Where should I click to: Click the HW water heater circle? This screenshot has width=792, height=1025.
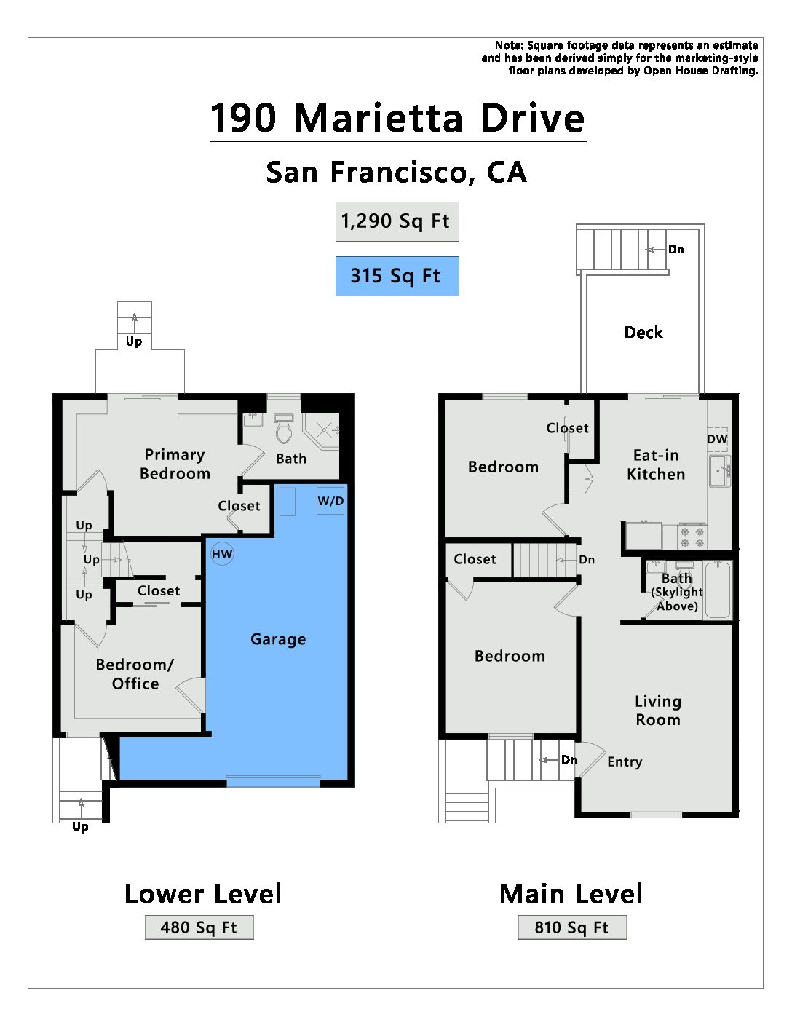(x=222, y=554)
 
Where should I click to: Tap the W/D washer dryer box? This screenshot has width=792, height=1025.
(x=330, y=500)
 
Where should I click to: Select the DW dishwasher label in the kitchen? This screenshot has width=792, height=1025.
(x=717, y=439)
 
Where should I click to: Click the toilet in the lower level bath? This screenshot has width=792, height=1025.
(x=283, y=429)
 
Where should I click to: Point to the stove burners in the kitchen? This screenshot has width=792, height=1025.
(x=692, y=537)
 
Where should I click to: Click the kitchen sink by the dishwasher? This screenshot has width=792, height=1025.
(x=720, y=470)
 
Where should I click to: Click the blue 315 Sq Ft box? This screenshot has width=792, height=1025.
(x=397, y=276)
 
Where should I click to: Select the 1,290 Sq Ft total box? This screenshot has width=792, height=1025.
(x=397, y=222)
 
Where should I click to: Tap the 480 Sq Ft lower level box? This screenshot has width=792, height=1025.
(x=199, y=927)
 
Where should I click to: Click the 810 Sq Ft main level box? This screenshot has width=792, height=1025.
(x=572, y=927)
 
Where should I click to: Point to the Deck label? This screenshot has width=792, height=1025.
(x=643, y=332)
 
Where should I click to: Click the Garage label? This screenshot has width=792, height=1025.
(x=278, y=639)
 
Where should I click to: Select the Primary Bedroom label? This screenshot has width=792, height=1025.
(x=175, y=464)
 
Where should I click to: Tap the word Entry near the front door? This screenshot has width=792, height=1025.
(x=625, y=761)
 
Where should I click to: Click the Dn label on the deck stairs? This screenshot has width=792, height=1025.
(x=676, y=249)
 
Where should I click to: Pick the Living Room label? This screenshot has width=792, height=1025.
(x=658, y=711)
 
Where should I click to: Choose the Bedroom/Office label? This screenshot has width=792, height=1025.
(x=135, y=674)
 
